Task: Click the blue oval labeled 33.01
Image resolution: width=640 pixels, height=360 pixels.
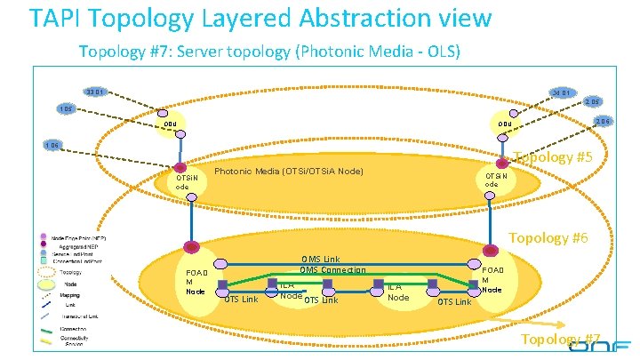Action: pos(95,91)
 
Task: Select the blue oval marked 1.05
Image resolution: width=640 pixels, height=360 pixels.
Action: pos(64,108)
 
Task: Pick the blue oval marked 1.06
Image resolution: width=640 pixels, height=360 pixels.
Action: pos(52,145)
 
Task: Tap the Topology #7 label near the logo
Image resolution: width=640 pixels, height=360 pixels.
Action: pos(560,340)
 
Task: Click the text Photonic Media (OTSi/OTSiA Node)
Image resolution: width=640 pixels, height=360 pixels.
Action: pos(289,170)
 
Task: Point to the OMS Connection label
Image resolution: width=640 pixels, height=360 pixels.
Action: pos(332,270)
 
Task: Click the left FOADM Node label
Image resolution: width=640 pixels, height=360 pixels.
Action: pos(196,281)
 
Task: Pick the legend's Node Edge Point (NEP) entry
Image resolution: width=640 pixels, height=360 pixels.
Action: pos(76,238)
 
